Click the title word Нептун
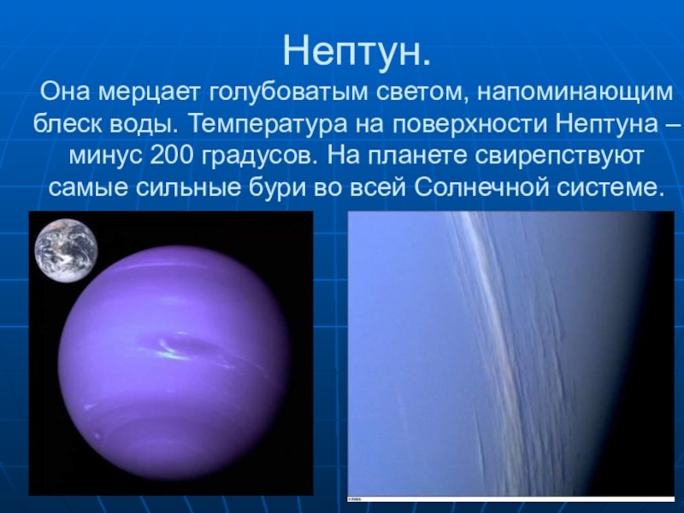pos(357,51)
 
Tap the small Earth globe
pos(67,251)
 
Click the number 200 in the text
pos(171,156)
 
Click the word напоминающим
pos(575,92)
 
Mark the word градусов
pos(260,156)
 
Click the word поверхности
pos(469,124)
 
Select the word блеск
pos(68,124)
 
